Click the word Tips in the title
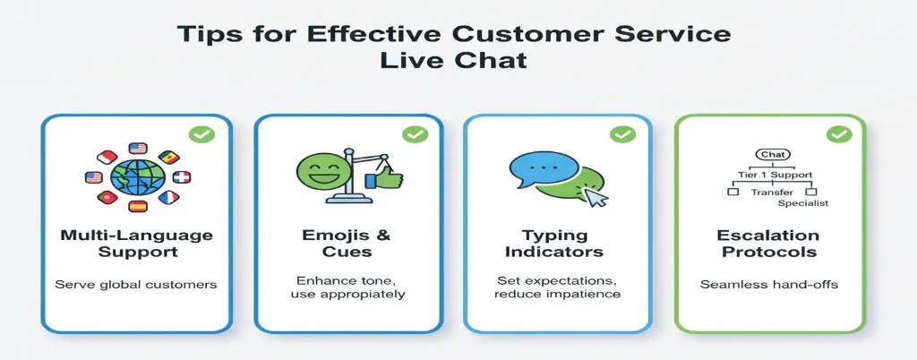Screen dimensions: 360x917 204,36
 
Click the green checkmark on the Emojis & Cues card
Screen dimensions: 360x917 415,135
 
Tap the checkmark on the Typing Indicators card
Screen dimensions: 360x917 622,135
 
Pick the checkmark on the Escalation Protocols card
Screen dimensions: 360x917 838,135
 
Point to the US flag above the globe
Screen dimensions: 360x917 137,148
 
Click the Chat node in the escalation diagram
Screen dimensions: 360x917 771,155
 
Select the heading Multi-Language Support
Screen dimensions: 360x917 136,244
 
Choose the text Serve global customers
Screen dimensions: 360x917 136,285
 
